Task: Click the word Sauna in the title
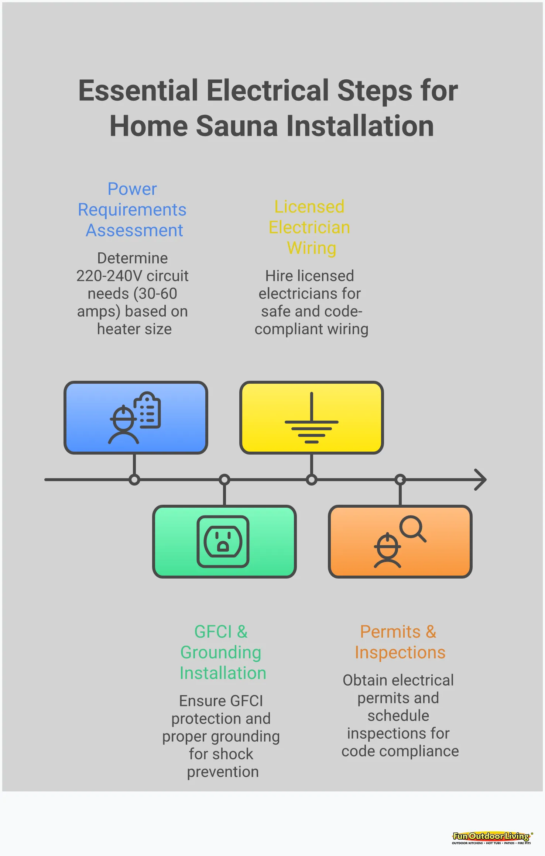click(x=236, y=126)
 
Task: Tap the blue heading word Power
click(x=132, y=189)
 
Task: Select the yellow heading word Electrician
click(x=309, y=227)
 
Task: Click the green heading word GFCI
click(x=213, y=632)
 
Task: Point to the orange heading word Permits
click(x=390, y=632)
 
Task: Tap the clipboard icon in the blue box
click(x=148, y=410)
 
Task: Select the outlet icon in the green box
click(x=223, y=541)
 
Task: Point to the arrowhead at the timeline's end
click(x=481, y=480)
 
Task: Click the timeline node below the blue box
click(x=134, y=480)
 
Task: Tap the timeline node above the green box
click(x=224, y=480)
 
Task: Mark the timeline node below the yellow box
click(x=312, y=480)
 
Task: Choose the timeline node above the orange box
click(x=400, y=480)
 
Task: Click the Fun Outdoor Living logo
click(x=491, y=837)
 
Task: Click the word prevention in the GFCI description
click(x=223, y=772)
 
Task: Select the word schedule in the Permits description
click(x=398, y=716)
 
